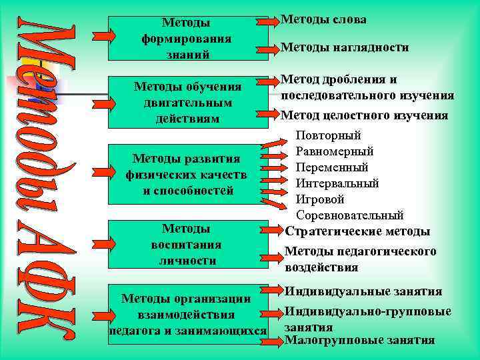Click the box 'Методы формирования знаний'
click(x=186, y=38)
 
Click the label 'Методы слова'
click(x=323, y=20)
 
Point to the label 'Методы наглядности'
click(x=345, y=47)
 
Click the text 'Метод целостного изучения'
click(x=364, y=115)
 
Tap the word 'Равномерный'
click(x=334, y=151)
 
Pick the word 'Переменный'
click(x=331, y=167)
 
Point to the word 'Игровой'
click(x=320, y=199)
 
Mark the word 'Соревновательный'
click(x=349, y=215)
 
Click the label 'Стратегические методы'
click(x=357, y=231)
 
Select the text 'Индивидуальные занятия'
click(x=363, y=291)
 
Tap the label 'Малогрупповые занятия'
click(x=359, y=340)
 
